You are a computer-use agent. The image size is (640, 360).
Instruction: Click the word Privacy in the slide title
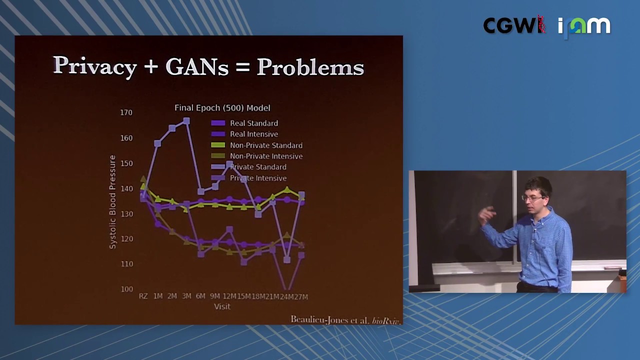coord(95,66)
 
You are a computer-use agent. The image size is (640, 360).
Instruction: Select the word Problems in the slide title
coord(310,66)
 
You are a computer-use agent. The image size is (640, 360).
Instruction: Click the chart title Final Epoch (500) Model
coord(222,108)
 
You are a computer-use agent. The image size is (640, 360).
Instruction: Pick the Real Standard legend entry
coord(253,123)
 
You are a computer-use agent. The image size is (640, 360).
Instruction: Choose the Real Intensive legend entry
coord(253,134)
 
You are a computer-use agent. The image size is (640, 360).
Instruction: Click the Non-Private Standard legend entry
coord(265,145)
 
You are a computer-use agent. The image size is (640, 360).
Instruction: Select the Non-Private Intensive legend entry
coord(265,156)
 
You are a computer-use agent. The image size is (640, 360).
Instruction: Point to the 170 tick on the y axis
coord(126,112)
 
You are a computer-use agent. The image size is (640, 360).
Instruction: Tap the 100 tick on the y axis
coord(126,289)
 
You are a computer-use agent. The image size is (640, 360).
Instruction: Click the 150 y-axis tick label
coord(126,163)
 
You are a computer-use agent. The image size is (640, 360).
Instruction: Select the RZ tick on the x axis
coord(143,296)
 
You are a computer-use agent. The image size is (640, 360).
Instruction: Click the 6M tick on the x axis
coord(200,296)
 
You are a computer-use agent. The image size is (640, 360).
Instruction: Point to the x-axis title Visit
coord(222,306)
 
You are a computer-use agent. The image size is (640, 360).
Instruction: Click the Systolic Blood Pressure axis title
coord(112,202)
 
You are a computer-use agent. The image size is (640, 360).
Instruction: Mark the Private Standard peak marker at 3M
coord(186,121)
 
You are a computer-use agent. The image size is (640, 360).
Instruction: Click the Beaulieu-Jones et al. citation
coord(345,320)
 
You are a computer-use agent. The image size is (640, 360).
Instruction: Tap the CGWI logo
coord(513,25)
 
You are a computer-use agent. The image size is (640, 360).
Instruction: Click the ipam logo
coord(584,26)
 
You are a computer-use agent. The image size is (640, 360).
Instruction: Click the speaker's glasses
coord(532,198)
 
